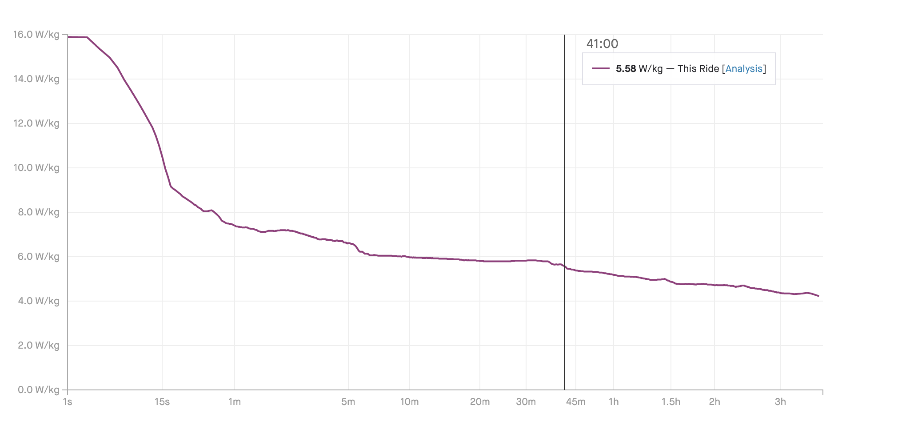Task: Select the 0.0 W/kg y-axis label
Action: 39,390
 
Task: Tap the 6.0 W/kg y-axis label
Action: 39,257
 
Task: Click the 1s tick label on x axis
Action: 68,402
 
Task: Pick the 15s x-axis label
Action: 162,402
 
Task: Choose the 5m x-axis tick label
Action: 348,402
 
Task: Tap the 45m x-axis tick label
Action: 576,402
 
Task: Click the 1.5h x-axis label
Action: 671,402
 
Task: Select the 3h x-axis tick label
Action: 780,402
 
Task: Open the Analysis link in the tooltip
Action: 744,69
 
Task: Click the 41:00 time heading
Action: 602,44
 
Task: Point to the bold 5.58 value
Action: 626,69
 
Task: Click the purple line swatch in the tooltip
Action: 601,69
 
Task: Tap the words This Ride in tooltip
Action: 698,69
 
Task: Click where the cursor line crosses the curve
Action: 564,266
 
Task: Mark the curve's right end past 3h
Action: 818,296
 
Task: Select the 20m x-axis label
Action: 480,402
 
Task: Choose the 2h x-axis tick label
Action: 714,402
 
